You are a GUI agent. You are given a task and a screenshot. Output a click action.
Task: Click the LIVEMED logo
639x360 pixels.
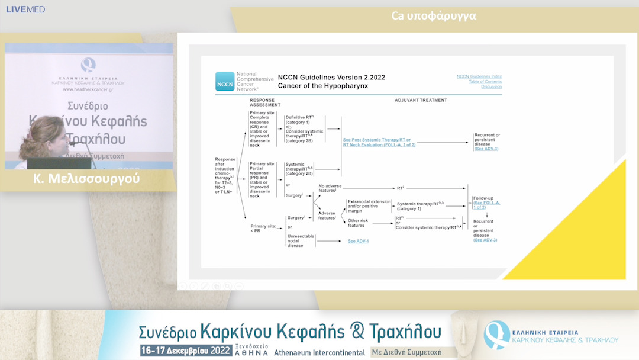(x=25, y=9)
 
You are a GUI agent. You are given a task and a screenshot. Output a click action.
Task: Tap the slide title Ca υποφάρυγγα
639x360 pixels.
(x=434, y=15)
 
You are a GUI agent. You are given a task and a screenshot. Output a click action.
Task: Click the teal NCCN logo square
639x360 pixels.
(x=225, y=81)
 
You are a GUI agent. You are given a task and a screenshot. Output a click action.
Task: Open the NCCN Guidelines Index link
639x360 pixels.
(x=479, y=76)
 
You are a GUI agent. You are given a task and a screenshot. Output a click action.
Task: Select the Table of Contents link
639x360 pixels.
(x=485, y=82)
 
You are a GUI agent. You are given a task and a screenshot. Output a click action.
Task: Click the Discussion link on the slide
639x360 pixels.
(x=491, y=87)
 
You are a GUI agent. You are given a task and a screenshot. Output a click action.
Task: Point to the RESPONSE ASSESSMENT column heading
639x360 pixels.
(x=264, y=102)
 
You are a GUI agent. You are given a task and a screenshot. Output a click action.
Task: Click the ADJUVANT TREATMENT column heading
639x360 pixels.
(x=421, y=101)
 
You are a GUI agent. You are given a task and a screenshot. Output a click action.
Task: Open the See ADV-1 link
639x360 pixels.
(x=358, y=241)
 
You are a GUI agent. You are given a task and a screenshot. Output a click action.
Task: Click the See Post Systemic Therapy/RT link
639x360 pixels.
(x=385, y=140)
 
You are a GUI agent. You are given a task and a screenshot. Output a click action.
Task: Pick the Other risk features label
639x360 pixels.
(x=356, y=223)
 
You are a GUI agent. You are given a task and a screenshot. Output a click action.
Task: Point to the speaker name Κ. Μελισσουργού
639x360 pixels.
(x=87, y=178)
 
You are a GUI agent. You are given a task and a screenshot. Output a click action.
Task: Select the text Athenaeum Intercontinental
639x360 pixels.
(x=319, y=352)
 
